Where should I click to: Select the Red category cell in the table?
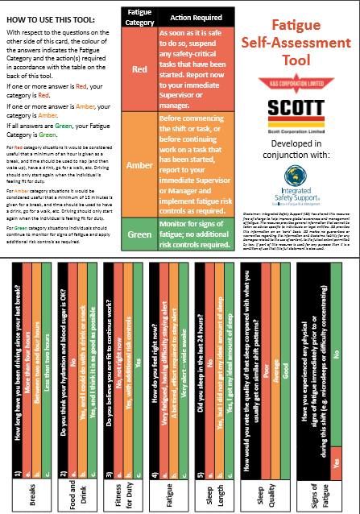pos(139,69)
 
